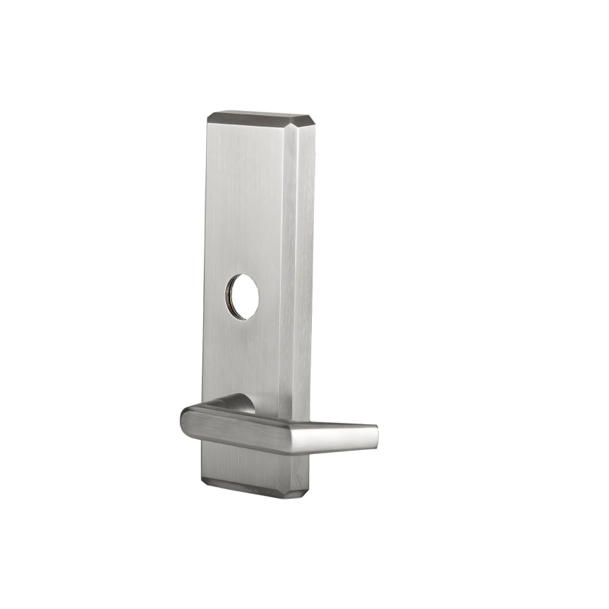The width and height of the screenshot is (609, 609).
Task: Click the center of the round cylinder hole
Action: (242, 296)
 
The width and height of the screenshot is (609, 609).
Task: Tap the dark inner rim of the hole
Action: (231, 298)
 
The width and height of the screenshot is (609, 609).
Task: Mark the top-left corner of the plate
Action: (208, 116)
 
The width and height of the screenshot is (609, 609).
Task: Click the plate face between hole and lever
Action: (244, 359)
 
